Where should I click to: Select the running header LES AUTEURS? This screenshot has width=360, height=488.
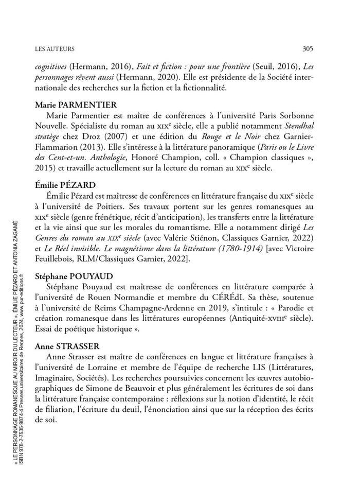55,49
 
